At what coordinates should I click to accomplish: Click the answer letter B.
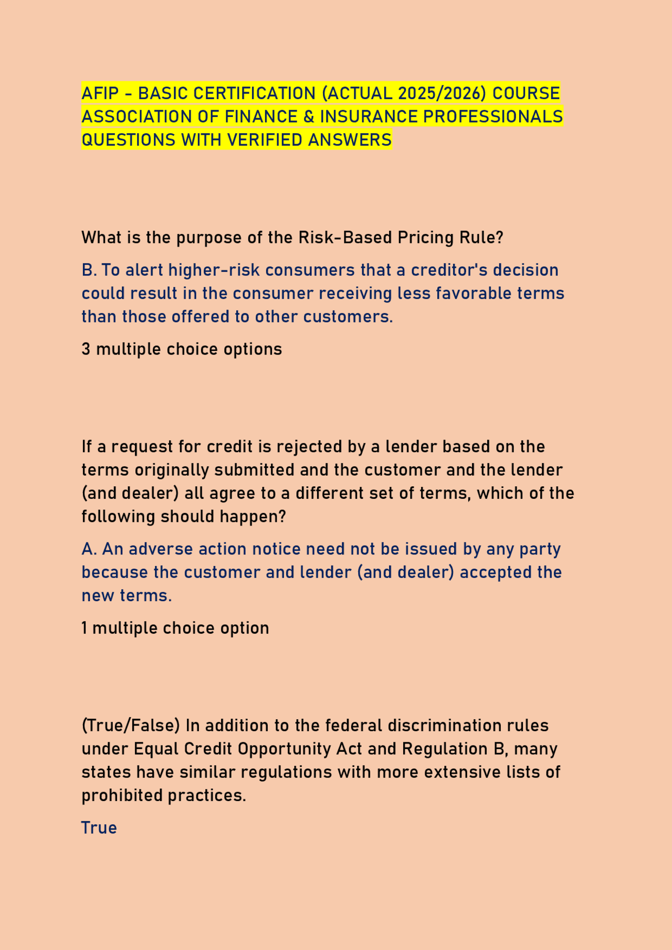tap(88, 270)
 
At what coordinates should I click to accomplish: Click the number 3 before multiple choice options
tap(86, 349)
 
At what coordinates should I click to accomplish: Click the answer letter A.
tap(88, 549)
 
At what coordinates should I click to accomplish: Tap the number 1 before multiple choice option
tap(85, 628)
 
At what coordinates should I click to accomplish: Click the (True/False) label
tap(131, 726)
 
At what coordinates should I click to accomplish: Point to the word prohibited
tap(122, 796)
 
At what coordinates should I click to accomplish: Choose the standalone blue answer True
tap(99, 828)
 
